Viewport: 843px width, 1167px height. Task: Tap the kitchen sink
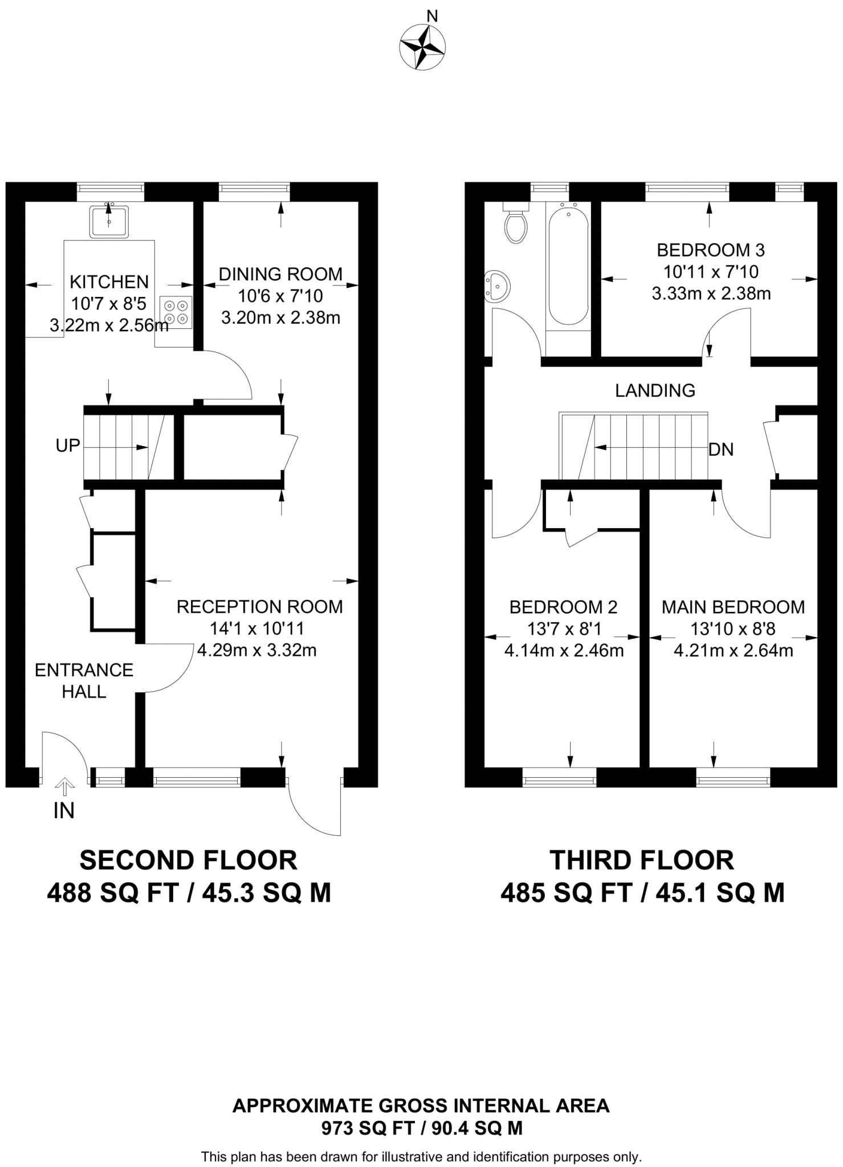point(108,221)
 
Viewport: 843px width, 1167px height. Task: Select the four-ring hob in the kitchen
point(176,312)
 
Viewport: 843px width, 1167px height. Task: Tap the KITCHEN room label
point(109,281)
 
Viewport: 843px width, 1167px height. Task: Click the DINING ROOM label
point(280,274)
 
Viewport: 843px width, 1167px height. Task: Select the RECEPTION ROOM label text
point(259,607)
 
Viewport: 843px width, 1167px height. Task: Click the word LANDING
point(655,390)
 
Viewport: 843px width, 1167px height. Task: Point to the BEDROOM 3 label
point(711,250)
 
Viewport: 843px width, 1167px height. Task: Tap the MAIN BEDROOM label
point(733,607)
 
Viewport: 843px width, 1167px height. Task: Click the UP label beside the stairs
point(68,446)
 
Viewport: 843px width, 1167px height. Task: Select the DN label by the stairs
point(721,450)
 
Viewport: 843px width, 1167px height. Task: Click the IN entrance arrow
point(64,787)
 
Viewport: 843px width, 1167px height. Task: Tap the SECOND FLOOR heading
point(188,860)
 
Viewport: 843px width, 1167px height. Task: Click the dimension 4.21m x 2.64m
point(733,650)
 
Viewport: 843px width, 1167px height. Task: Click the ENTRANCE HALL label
point(84,680)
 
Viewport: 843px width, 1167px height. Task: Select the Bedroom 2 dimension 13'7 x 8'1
point(564,629)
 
